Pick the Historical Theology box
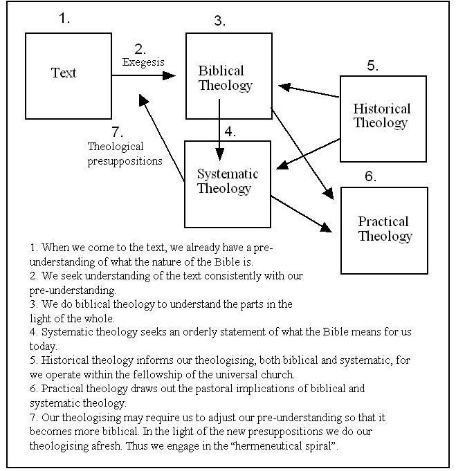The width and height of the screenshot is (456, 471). (381, 116)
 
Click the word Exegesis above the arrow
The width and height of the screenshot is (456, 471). (143, 62)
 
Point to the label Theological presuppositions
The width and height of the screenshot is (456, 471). (125, 154)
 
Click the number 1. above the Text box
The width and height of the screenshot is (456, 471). (64, 19)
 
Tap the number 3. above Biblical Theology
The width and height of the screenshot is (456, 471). (219, 21)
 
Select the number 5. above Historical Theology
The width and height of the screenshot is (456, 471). (372, 66)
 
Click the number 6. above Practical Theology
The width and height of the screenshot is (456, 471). (371, 176)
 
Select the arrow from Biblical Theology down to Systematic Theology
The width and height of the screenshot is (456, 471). (219, 128)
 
